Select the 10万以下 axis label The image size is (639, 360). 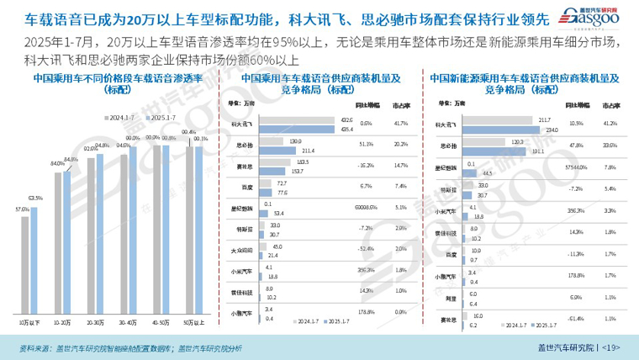pos(32,323)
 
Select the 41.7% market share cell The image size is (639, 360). pos(402,124)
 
